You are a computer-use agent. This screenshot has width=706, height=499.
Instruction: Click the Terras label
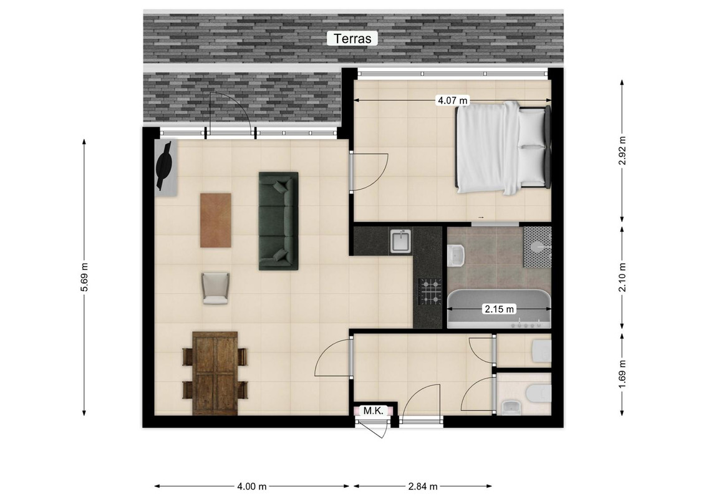[x=352, y=38]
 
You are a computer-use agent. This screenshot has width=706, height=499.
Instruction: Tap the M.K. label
[x=373, y=410]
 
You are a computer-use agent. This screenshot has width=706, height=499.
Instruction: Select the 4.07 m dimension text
[x=453, y=100]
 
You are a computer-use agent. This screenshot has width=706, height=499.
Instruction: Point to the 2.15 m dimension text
[x=499, y=309]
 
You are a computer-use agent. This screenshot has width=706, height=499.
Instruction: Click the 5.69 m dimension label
[x=85, y=277]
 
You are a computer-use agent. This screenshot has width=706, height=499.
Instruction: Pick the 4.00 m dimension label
[x=252, y=487]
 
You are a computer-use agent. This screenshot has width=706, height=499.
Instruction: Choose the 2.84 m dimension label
[x=423, y=487]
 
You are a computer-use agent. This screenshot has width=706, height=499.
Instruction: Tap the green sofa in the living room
[x=278, y=221]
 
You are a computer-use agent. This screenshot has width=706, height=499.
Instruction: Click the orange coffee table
[x=216, y=220]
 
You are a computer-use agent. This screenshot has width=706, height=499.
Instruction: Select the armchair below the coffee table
[x=216, y=288]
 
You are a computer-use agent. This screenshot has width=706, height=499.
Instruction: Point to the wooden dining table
[x=215, y=374]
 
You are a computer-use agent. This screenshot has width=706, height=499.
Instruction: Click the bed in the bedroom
[x=503, y=148]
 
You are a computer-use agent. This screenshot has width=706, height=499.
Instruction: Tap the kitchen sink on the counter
[x=400, y=241]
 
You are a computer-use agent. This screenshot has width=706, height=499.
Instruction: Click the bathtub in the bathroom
[x=499, y=309]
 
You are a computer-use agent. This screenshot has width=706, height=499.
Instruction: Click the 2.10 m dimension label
[x=622, y=277]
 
